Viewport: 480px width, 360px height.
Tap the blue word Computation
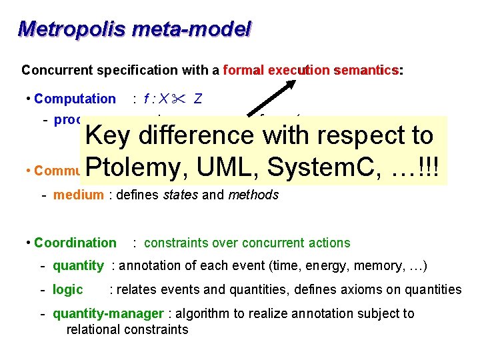tap(75, 99)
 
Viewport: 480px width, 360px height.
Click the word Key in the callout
tap(109, 135)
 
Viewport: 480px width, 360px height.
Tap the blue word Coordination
tap(75, 243)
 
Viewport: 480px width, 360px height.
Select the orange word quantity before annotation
tap(78, 265)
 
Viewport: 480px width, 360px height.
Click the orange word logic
tap(68, 289)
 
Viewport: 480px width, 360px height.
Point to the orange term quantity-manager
tap(108, 313)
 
